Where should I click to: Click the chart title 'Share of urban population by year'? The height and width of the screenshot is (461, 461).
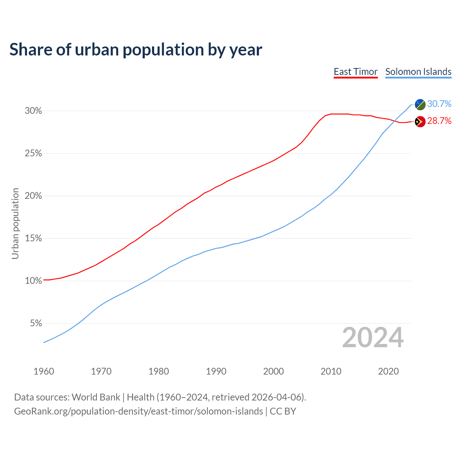pyautogui.click(x=136, y=50)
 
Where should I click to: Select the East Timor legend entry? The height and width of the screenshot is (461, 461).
pyautogui.click(x=355, y=72)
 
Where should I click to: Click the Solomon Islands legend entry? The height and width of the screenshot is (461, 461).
pyautogui.click(x=418, y=72)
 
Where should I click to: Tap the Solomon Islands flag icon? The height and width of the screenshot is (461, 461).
pyautogui.click(x=420, y=104)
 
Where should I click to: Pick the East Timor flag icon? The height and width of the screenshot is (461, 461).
pyautogui.click(x=420, y=122)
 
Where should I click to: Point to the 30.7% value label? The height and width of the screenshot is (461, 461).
pyautogui.click(x=439, y=104)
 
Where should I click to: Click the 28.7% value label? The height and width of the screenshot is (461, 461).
pyautogui.click(x=439, y=121)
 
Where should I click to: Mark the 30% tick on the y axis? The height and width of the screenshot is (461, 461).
pyautogui.click(x=33, y=111)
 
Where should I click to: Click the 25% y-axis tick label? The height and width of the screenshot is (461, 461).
pyautogui.click(x=33, y=153)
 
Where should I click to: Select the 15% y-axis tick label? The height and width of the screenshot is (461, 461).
pyautogui.click(x=33, y=238)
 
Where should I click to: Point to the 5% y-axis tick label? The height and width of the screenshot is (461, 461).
pyautogui.click(x=36, y=323)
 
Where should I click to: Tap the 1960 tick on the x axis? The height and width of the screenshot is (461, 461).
pyautogui.click(x=44, y=371)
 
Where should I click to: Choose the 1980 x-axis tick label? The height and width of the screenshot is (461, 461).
pyautogui.click(x=159, y=371)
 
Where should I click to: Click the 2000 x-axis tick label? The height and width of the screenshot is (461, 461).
pyautogui.click(x=274, y=371)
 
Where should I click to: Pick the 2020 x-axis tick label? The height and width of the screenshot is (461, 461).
pyautogui.click(x=388, y=371)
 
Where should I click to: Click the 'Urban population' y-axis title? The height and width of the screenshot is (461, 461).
pyautogui.click(x=15, y=223)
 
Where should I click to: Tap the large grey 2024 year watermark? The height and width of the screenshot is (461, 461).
pyautogui.click(x=373, y=338)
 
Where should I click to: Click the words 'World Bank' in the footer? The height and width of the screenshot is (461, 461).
pyautogui.click(x=96, y=397)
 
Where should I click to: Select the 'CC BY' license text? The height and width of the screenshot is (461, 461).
pyautogui.click(x=283, y=411)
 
